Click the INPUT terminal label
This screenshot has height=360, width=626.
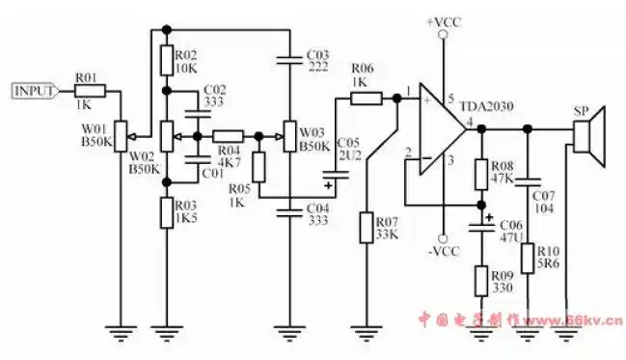click(35, 92)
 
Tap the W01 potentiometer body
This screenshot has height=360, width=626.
click(120, 135)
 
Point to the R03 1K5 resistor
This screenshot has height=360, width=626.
click(166, 210)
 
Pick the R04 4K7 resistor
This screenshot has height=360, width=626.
click(228, 136)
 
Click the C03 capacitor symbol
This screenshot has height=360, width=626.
click(289, 59)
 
